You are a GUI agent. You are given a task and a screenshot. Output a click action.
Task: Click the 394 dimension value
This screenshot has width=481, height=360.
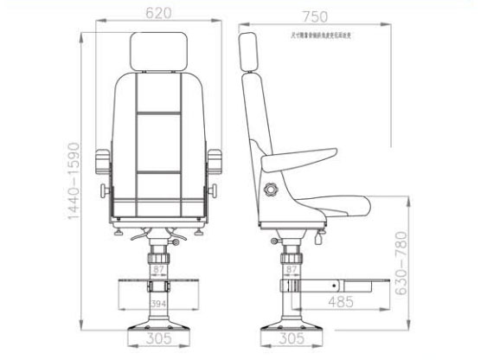(158, 305)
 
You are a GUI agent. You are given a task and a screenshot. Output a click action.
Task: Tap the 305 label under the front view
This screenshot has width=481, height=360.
(158, 340)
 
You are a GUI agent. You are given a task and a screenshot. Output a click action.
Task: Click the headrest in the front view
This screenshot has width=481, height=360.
(158, 53)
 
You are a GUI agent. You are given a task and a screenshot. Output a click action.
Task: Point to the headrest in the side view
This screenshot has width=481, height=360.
(247, 52)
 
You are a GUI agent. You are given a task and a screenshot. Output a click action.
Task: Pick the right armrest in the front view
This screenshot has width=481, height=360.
(210, 163)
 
